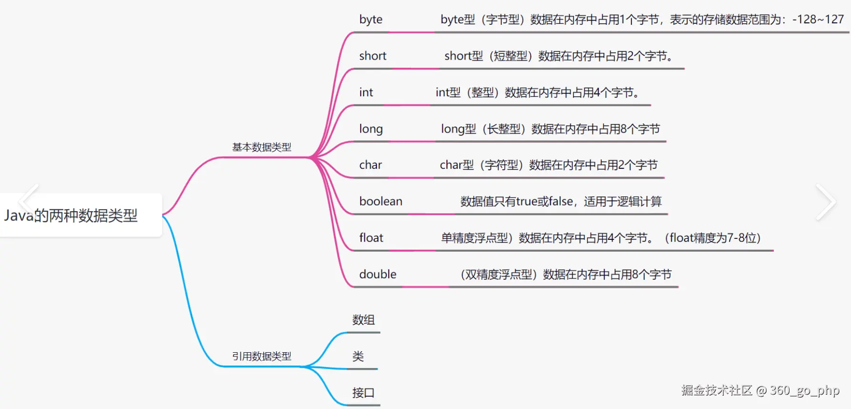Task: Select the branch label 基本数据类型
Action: [262, 147]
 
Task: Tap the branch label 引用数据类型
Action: [262, 356]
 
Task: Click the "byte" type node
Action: [371, 20]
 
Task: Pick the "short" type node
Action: [373, 56]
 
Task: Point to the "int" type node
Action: [366, 92]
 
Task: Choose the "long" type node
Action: [371, 129]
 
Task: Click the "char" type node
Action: [370, 165]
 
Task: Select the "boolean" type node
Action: [381, 201]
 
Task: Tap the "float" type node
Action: [371, 238]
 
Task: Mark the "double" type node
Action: [377, 274]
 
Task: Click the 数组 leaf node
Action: [364, 320]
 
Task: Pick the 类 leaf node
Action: [358, 356]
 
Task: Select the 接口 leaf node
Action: [363, 393]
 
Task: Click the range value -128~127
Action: [818, 20]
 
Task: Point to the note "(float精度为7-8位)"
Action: [712, 238]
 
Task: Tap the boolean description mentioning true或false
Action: [561, 202]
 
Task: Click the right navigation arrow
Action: [826, 202]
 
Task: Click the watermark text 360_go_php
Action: [804, 391]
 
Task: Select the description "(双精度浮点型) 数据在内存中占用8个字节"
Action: [566, 275]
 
